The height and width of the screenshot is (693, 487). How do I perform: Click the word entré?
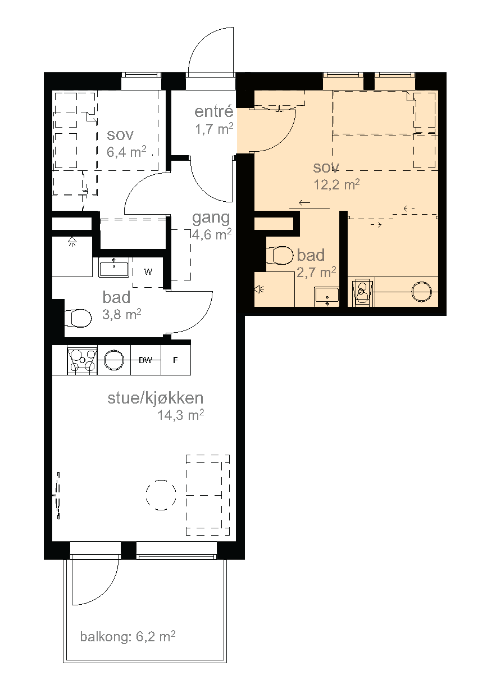[213, 111]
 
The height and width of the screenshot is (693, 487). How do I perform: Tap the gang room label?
[211, 218]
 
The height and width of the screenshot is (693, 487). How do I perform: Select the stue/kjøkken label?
[155, 398]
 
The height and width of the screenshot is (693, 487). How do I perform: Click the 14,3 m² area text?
[181, 415]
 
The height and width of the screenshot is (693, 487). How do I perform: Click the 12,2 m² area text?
[336, 185]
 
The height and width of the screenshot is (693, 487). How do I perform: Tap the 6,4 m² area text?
[126, 152]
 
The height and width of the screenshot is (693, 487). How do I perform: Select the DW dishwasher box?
[145, 360]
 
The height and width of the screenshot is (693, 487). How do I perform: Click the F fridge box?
[176, 360]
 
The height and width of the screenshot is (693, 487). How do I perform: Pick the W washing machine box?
[148, 272]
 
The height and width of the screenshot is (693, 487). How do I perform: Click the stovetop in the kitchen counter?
[82, 360]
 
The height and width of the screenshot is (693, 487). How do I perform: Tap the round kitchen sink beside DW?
[114, 360]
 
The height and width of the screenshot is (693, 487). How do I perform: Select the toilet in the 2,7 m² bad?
[280, 256]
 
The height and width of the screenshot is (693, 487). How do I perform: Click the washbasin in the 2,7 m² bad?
[326, 297]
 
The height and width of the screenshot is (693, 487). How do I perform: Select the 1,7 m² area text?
[214, 129]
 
